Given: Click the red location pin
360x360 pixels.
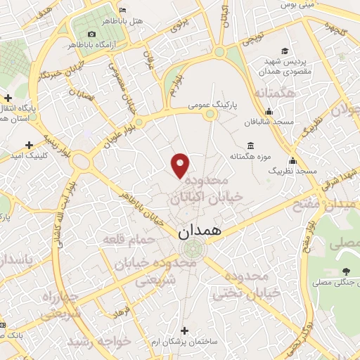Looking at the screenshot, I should (x=181, y=165).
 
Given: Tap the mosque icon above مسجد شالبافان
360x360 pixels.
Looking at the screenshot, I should (x=269, y=110).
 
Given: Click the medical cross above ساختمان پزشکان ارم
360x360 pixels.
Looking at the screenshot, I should (x=184, y=330).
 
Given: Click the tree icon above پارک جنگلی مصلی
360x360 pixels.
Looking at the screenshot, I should (x=345, y=271).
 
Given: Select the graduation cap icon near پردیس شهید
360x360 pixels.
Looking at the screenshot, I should (x=285, y=51).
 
